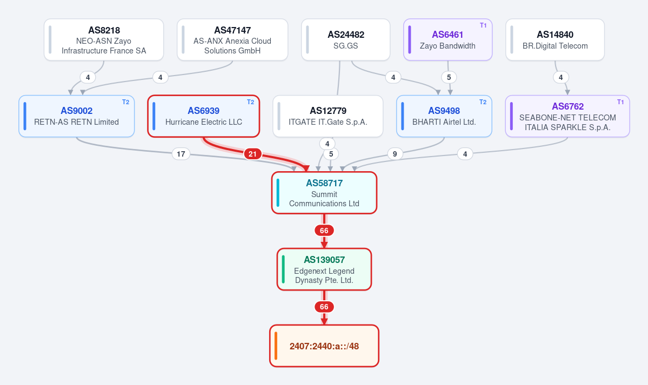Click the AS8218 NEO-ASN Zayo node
[x=104, y=39]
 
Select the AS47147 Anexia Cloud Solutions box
[x=232, y=39]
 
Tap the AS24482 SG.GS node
[x=345, y=39]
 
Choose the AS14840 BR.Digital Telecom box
[x=555, y=39]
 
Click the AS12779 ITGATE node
[x=328, y=116]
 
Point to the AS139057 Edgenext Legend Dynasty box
[x=324, y=269]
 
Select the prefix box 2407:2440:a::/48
[x=324, y=346]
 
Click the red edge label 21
[x=252, y=154]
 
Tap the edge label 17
[x=181, y=154]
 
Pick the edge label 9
[x=395, y=154]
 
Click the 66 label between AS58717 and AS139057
[x=324, y=231]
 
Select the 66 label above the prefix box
[x=324, y=307]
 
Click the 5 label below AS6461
[x=449, y=77]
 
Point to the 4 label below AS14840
[x=561, y=77]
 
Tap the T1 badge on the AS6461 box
[x=483, y=25]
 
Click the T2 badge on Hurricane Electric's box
[x=250, y=102]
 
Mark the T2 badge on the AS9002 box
[x=125, y=102]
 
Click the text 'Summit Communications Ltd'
[x=324, y=199]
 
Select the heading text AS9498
[x=444, y=111]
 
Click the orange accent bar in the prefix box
[x=276, y=346]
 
